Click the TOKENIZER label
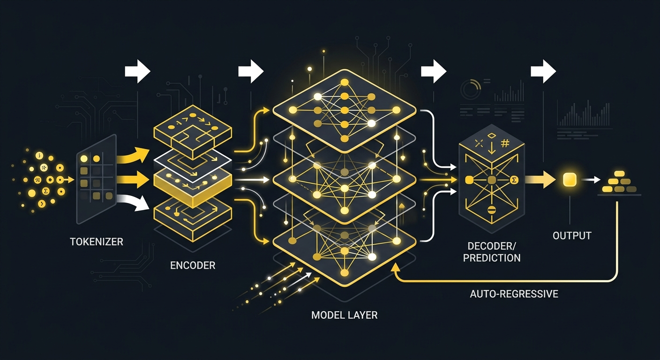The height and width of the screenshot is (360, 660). (x=97, y=241)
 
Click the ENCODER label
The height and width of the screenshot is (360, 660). (x=193, y=265)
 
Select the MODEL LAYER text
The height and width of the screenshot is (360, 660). (x=344, y=315)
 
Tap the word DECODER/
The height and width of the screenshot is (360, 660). (x=491, y=246)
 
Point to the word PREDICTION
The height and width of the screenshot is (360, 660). (x=491, y=258)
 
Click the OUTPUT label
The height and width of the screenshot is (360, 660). (x=572, y=236)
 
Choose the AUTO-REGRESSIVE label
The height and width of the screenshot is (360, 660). (x=514, y=294)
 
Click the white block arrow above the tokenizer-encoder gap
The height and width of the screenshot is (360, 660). (x=138, y=71)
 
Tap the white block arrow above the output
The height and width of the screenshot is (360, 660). (x=543, y=71)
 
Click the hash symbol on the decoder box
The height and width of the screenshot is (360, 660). (x=505, y=143)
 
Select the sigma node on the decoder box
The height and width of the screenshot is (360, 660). (x=514, y=180)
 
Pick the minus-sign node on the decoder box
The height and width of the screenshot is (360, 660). (x=491, y=210)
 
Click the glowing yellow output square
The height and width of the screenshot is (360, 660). (x=570, y=180)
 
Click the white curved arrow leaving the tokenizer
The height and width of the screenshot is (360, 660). (x=132, y=202)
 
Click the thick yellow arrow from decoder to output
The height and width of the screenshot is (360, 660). (x=540, y=180)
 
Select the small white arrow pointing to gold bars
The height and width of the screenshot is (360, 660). (x=591, y=180)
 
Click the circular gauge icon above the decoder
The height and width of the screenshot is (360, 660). (x=471, y=89)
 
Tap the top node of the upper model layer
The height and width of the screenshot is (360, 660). (x=345, y=82)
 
